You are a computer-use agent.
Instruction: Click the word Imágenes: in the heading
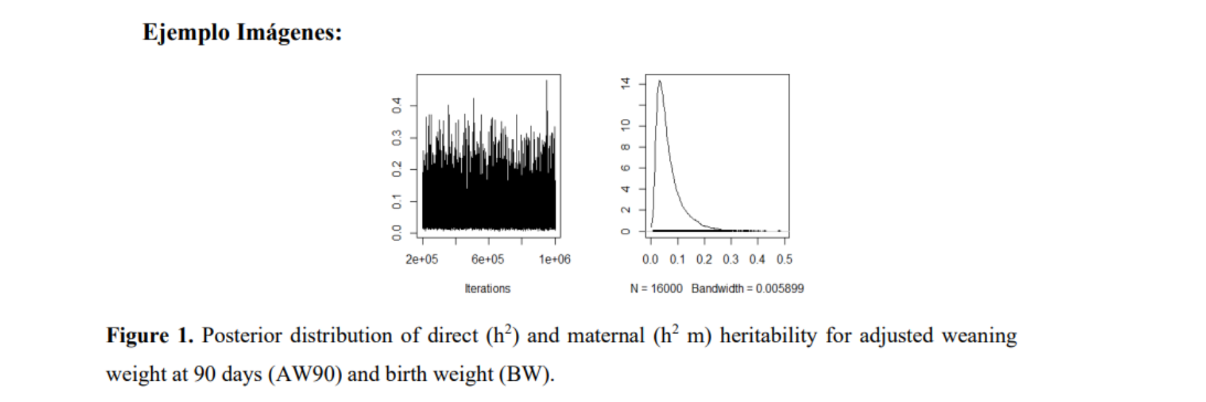pos(289,32)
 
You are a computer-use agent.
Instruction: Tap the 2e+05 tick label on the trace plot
pos(421,259)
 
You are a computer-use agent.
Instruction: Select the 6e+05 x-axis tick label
pos(488,259)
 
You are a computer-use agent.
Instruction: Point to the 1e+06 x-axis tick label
pos(554,259)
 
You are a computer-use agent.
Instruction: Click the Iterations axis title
pos(488,288)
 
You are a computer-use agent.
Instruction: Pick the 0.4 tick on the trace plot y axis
pos(397,105)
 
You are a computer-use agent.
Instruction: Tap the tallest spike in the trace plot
pos(547,81)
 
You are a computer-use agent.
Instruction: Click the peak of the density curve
pos(659,81)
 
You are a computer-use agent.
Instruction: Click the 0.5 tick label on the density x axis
pos(784,259)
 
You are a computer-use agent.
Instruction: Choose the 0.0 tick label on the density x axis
pos(650,259)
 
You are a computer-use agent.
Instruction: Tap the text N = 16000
pos(656,288)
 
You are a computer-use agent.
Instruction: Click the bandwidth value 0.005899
pos(780,288)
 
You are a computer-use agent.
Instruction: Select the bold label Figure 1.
pos(149,335)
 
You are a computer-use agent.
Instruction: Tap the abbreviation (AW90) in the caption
pos(304,374)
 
